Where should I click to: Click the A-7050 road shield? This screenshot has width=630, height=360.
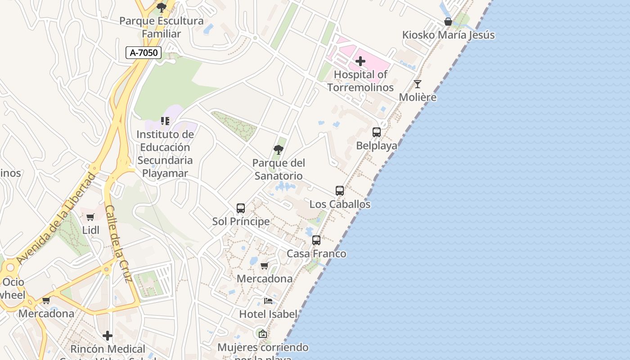pos(144,53)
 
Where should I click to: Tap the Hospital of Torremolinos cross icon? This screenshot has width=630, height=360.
pos(360,61)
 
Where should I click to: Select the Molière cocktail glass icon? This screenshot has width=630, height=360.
pos(418,84)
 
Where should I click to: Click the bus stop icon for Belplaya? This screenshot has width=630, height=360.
pos(377,132)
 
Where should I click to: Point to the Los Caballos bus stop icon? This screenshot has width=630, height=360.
pos(340,191)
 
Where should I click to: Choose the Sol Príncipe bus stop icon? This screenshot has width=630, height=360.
pos(241,208)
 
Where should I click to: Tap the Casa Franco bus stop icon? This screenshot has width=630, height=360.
pos(316,240)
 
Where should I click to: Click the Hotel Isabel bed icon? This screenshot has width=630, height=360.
pos(268,301)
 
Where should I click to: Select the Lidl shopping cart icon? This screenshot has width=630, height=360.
pos(90,217)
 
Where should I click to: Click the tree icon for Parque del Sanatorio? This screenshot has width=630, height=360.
pos(279,149)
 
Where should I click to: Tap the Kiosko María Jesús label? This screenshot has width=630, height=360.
pos(448,35)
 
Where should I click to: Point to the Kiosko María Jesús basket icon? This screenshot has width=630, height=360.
pos(448,22)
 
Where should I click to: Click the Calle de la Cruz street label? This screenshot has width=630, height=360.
pos(118,243)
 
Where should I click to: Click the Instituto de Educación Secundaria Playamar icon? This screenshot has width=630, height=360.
pos(165,121)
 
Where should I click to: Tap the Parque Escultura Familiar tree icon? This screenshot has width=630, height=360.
pos(161,7)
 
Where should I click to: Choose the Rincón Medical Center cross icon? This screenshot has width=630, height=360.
pos(108,336)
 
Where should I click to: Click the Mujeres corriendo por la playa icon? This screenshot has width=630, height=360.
pos(263,334)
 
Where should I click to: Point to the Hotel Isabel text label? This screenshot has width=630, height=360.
pos(268,314)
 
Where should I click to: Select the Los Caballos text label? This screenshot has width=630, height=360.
pos(340,204)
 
